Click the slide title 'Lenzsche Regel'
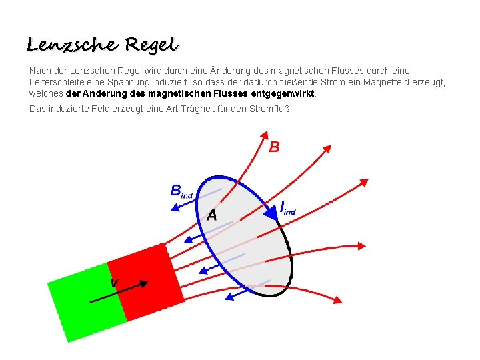pos(103,45)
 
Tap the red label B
pos(274,147)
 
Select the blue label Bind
pos(181,191)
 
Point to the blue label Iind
pos(287,207)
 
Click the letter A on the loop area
pos(211,215)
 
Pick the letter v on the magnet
pos(115,283)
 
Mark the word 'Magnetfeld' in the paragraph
pos(382,82)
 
